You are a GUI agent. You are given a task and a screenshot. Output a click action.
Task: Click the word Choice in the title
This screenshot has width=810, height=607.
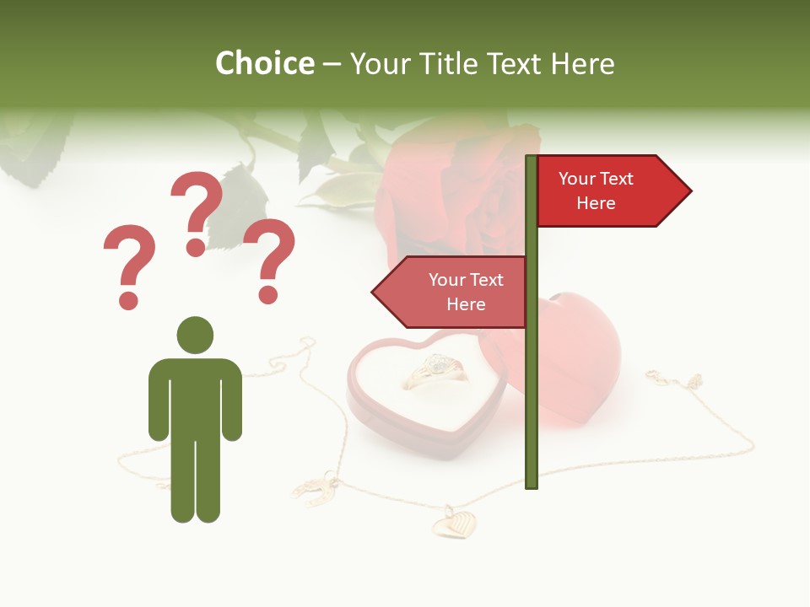(264, 63)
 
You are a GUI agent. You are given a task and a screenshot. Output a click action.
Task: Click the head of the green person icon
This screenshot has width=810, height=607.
(195, 335)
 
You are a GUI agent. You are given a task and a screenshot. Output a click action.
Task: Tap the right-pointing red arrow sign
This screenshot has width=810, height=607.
(612, 191)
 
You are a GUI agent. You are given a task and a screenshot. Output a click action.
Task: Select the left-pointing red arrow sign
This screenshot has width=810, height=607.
(451, 293)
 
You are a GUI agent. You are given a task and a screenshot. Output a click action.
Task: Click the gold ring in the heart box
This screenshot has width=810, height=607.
(435, 372)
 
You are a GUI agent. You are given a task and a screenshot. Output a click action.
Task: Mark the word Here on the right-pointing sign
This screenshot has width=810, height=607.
(596, 203)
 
